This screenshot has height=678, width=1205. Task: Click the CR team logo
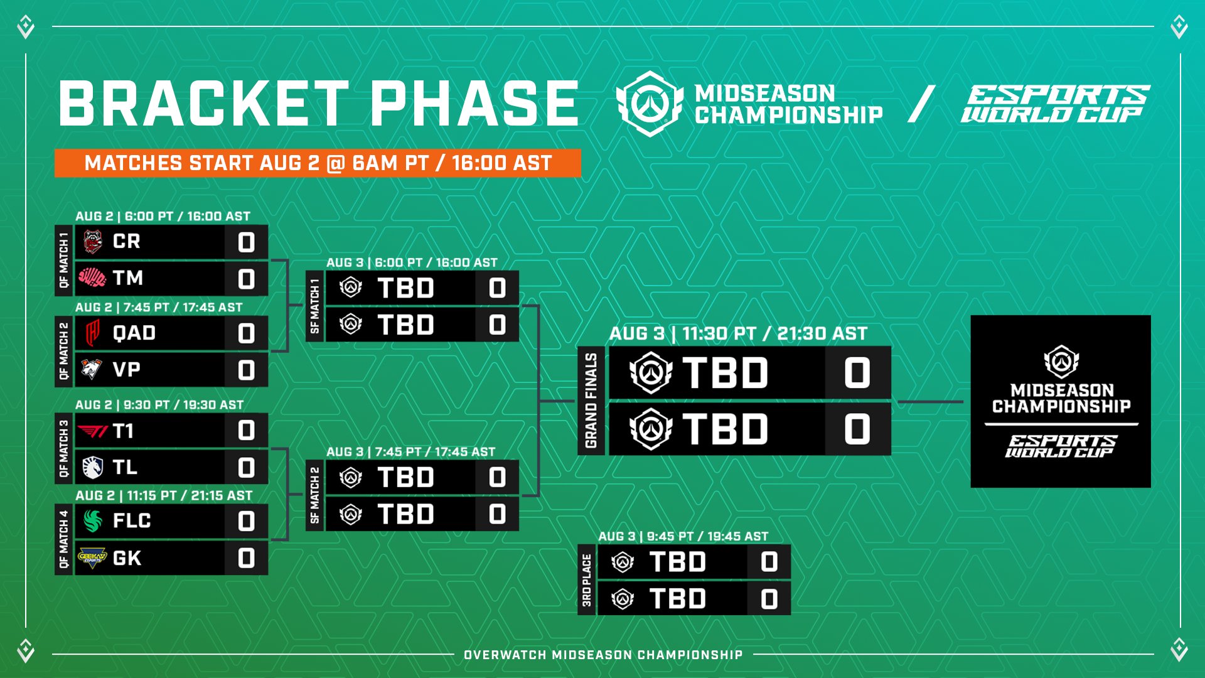click(93, 242)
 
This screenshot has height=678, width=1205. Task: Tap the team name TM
click(128, 278)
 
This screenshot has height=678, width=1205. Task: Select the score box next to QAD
click(246, 333)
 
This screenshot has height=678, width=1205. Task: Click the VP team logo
click(92, 369)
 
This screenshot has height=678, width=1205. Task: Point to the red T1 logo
click(93, 431)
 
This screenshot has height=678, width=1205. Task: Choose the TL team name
click(125, 468)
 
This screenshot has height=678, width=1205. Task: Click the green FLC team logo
click(93, 520)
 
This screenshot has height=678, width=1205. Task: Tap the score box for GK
click(246, 558)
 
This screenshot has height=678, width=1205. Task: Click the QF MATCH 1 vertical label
click(64, 260)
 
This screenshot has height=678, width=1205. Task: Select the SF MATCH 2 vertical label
click(315, 495)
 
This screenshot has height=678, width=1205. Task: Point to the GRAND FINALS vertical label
click(591, 401)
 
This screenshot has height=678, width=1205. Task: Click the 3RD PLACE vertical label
click(587, 580)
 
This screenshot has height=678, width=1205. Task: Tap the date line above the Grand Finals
click(739, 333)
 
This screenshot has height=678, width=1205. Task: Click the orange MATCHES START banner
click(318, 163)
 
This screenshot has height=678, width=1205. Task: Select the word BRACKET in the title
click(204, 104)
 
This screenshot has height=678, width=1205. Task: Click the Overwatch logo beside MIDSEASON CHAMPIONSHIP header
click(650, 104)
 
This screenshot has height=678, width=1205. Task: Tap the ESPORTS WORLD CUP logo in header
click(1056, 104)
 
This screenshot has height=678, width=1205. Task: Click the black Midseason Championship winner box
click(1061, 401)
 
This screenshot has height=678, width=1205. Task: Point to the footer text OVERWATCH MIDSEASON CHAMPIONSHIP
click(603, 655)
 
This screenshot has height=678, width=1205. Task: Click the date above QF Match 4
click(164, 495)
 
